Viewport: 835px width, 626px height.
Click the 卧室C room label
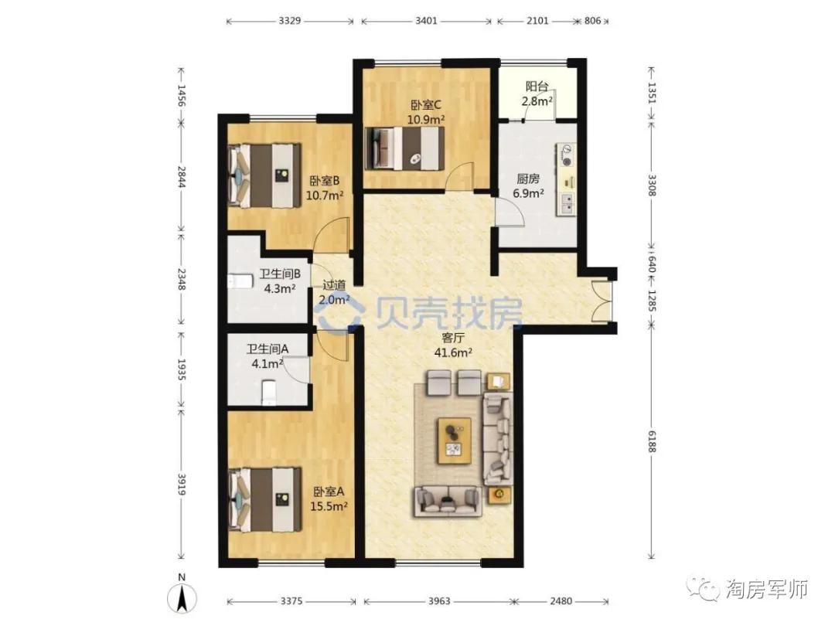(x=425, y=105)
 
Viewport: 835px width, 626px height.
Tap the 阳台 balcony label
(x=537, y=87)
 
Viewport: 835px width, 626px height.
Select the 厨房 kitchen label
(x=528, y=179)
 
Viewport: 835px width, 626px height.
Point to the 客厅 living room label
(x=453, y=338)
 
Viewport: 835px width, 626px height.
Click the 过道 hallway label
(x=334, y=285)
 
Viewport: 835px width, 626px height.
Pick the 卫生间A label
(x=268, y=349)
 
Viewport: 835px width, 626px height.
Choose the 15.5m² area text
(x=329, y=506)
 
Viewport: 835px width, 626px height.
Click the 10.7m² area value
(x=324, y=196)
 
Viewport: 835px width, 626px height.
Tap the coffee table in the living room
(x=455, y=441)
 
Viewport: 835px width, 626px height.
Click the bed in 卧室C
(x=404, y=148)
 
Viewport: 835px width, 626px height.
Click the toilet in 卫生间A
(x=270, y=393)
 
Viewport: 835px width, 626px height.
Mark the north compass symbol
(x=182, y=595)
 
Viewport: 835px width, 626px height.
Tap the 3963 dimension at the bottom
(x=439, y=601)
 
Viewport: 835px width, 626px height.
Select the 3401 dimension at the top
(x=426, y=21)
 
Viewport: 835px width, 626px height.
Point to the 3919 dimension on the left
(x=181, y=485)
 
